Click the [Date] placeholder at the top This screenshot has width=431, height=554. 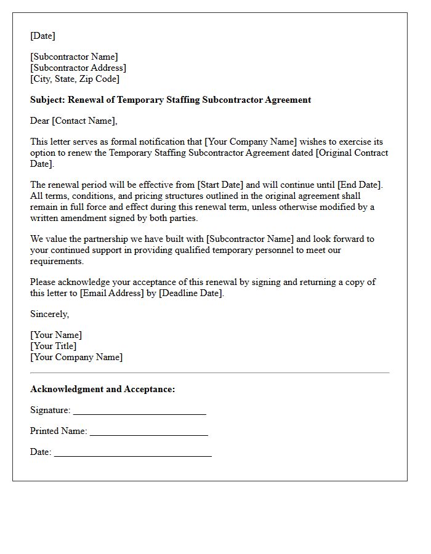click(42, 36)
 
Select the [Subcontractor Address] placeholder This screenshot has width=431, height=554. click(78, 68)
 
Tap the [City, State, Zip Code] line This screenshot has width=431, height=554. click(75, 79)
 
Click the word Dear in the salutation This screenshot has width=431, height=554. click(40, 121)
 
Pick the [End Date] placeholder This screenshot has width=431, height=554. click(360, 185)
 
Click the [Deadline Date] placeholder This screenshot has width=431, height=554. click(191, 293)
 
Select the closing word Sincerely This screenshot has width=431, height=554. click(49, 314)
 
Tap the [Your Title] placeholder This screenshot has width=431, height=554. click(54, 346)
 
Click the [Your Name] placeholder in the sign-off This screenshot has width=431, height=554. click(56, 335)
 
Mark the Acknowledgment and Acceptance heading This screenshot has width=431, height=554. click(103, 389)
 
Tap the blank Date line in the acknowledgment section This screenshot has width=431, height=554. click(132, 454)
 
